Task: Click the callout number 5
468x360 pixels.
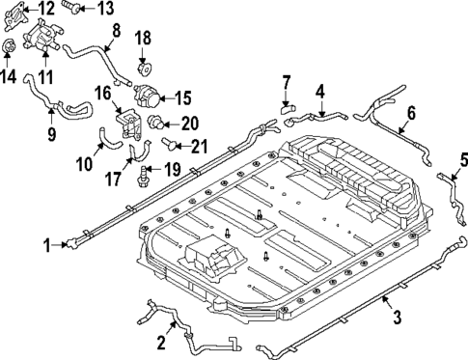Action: pyautogui.click(x=463, y=159)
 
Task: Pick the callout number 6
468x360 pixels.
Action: pyautogui.click(x=410, y=113)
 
